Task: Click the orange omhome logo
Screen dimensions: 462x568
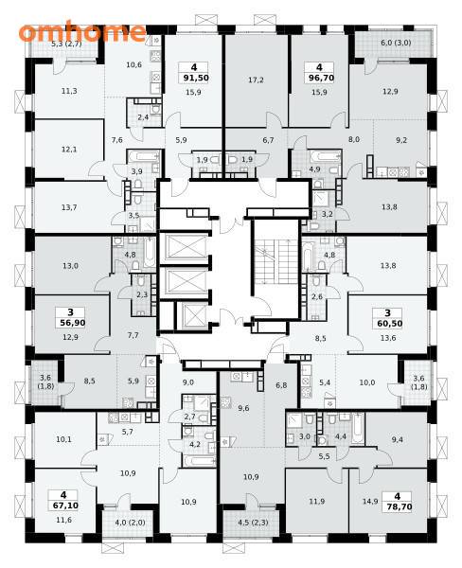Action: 82,32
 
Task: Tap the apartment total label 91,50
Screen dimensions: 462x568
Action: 194,78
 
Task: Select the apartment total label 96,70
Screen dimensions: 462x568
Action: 319,78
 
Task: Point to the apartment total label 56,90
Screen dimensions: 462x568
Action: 70,323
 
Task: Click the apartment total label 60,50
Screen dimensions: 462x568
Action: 388,323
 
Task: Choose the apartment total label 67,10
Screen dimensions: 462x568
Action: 63,506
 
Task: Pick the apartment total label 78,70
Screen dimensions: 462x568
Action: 398,506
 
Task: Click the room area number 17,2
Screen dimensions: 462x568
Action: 256,80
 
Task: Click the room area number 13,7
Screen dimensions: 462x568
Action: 69,207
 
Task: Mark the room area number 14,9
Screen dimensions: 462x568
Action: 370,502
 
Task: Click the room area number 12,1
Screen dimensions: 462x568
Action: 69,150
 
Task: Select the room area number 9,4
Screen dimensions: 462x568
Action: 397,439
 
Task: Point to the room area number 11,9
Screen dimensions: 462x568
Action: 317,502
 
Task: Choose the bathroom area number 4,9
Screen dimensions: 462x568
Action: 315,169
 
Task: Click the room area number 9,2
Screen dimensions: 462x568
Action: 401,140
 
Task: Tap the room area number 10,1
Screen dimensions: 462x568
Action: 63,439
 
